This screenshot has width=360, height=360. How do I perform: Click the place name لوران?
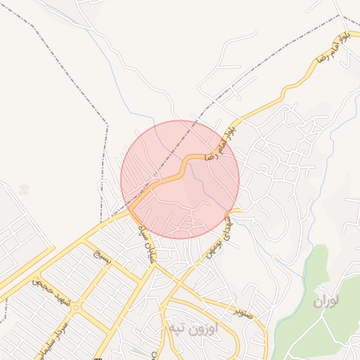coord(326,302)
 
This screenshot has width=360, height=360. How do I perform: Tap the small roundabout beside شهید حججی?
coord(75,307)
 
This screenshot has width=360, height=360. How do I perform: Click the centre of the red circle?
coord(180,180)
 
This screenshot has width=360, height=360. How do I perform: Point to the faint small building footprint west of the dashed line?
coord(25,190)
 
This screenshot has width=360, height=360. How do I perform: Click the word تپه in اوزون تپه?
coord(176,328)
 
